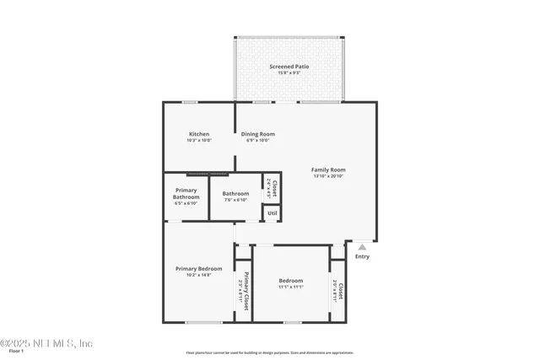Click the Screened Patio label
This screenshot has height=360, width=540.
pos(289,66)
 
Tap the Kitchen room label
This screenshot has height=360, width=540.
pos(199,134)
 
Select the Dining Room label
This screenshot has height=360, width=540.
pos(258,134)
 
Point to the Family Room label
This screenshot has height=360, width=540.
pos(328,169)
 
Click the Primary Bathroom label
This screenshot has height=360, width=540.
pos(186,194)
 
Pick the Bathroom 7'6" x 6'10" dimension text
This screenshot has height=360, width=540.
pos(235,200)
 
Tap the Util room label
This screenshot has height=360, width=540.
pos(272,213)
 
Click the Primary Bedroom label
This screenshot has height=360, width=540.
pos(198,268)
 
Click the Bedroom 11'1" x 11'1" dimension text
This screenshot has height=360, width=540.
pos(290,287)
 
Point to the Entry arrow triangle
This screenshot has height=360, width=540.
pos(362,247)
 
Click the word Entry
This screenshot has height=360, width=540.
pos(362,256)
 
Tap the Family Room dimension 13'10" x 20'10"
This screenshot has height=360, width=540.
pos(328,176)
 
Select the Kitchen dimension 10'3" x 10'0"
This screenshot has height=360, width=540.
pos(199,141)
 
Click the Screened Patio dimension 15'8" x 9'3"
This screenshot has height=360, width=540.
pos(289,73)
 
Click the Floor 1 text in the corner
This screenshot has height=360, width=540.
pos(10,353)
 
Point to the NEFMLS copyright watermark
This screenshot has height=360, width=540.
pos(46,343)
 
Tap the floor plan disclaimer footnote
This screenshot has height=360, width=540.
pos(270,352)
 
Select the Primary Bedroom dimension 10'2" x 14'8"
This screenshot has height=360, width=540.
pos(198,275)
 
